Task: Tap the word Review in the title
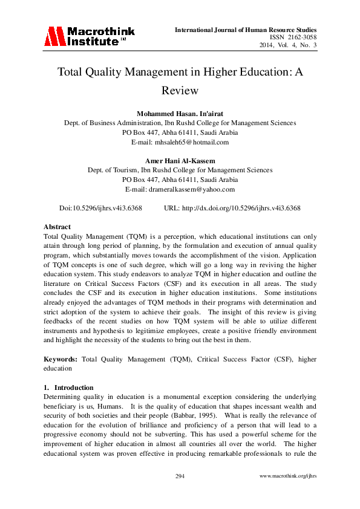(x=180, y=90)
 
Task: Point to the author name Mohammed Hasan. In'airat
(x=180, y=114)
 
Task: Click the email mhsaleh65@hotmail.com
(x=180, y=142)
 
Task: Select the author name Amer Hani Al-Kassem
(x=180, y=160)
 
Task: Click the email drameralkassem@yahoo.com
(x=180, y=189)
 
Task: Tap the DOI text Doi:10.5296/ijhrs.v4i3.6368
(x=100, y=207)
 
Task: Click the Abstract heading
(x=57, y=227)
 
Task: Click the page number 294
(x=180, y=476)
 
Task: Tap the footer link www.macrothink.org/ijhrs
(x=287, y=476)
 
